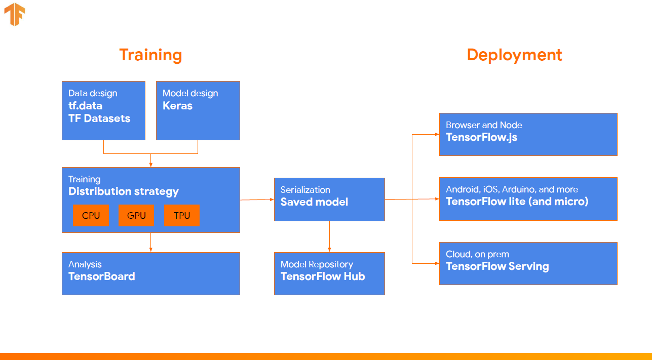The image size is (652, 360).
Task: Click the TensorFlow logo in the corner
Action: coord(15,15)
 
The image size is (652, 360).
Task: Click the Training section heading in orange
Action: coord(150,55)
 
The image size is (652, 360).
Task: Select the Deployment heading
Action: coord(514,55)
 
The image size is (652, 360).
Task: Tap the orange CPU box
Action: coord(91,216)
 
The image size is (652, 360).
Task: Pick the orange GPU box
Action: coord(136,216)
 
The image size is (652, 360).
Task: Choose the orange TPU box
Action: coord(182,216)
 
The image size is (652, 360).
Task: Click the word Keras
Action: coord(177,106)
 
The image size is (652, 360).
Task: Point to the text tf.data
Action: coord(85,106)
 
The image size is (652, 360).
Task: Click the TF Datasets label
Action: coord(99,118)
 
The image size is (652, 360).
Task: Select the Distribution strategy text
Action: coord(124,191)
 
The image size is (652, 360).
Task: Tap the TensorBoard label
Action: coord(102,276)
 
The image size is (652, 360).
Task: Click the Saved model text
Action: coord(314,202)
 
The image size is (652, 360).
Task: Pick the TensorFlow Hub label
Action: coord(323,276)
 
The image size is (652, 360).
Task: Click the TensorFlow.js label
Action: coord(481,137)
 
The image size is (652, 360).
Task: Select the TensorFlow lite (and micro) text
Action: coord(517,202)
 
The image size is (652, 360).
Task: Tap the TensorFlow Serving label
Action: coord(497,266)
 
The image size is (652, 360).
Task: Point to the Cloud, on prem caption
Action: coord(477,254)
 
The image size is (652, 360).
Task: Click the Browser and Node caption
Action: coord(484,125)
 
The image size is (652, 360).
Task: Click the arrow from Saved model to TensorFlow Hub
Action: coord(329,236)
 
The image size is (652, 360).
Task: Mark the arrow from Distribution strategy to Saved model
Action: coord(257,199)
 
